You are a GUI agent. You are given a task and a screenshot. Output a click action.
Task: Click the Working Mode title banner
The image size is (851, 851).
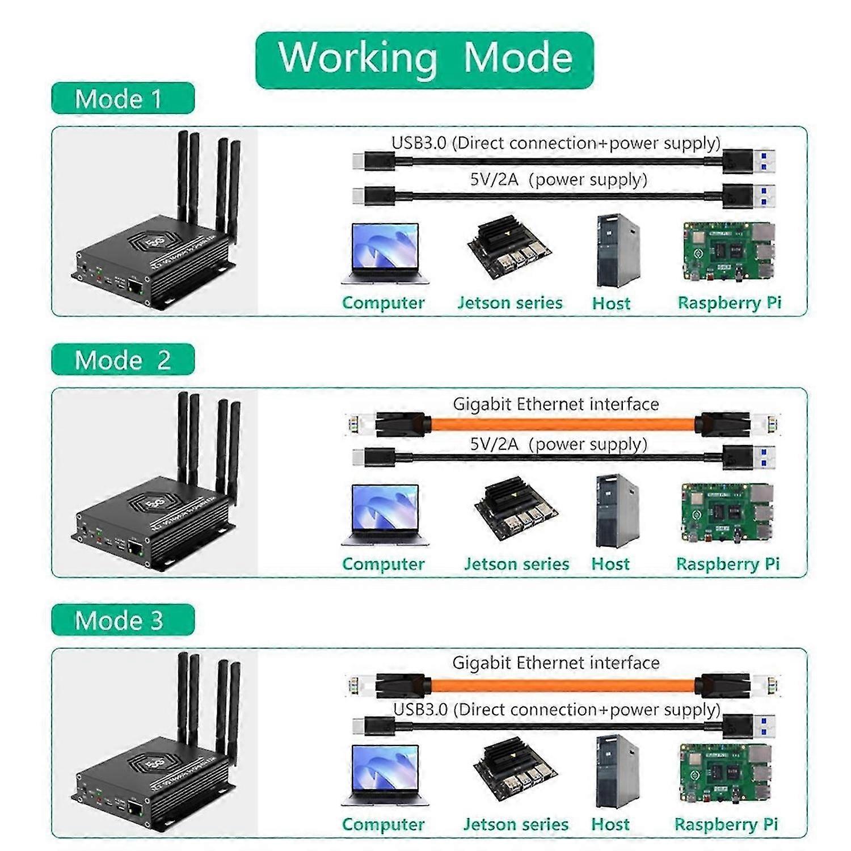coord(424,60)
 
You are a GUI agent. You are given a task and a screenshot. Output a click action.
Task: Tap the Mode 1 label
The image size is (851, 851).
coord(123,99)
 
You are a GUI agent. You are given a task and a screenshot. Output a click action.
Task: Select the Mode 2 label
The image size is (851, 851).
coord(123,360)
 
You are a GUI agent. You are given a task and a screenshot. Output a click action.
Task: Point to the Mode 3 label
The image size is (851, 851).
coord(123,620)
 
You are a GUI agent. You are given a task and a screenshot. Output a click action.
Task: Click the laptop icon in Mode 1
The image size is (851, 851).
coord(385,254)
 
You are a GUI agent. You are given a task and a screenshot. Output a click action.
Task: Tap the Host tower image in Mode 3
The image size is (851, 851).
coord(617,772)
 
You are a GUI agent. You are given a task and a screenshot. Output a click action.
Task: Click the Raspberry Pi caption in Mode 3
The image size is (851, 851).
coord(726,824)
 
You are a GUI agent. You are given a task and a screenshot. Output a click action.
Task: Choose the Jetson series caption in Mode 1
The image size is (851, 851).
coord(510,302)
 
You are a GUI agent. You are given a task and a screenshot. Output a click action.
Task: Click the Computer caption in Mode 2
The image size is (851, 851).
coord(384,563)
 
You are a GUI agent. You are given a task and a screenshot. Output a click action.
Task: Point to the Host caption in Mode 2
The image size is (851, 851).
coord(610,563)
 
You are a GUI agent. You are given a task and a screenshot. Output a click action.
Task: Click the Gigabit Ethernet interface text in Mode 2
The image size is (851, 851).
coord(556,404)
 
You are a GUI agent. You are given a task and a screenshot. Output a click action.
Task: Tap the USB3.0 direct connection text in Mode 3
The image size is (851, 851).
coord(557,709)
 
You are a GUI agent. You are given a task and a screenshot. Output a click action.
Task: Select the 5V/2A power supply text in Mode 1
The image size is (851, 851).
coord(559,179)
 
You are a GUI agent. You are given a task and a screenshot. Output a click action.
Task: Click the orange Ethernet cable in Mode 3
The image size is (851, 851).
coord(562,685)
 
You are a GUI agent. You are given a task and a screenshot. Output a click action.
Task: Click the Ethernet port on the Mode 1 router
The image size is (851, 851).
coord(135,286)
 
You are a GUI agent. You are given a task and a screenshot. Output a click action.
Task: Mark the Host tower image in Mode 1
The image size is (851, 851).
coord(617,251)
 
